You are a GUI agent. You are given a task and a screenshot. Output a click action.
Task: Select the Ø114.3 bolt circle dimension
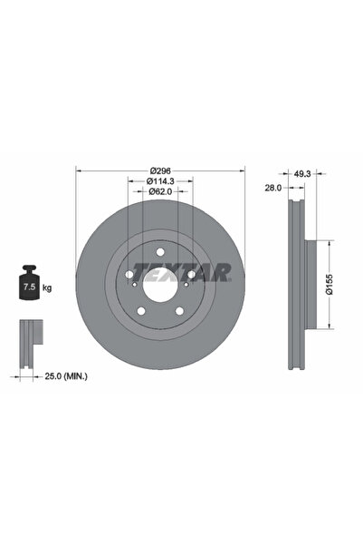coord(160,181)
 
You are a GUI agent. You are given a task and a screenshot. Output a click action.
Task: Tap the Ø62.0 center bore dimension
coord(160,191)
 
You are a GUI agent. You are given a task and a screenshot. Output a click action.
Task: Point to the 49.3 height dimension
coord(301,171)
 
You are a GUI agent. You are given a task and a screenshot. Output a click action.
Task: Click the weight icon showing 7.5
coord(27,287)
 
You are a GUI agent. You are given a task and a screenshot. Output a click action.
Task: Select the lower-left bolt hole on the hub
coord(140,313)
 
